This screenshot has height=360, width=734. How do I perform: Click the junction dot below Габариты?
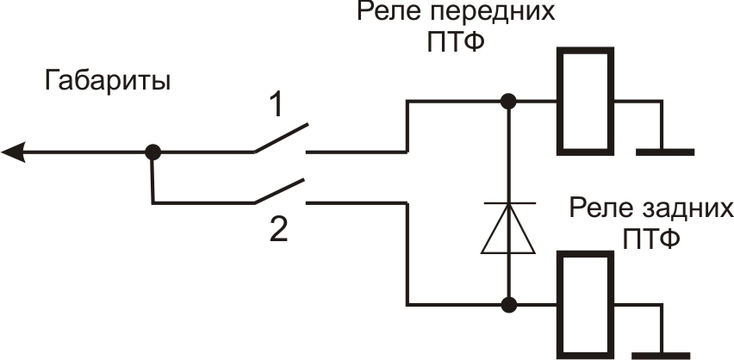coord(152,152)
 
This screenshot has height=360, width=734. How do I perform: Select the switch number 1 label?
coord(276,107)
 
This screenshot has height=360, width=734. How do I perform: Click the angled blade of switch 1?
coord(281,139)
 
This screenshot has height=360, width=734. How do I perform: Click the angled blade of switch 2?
coord(281,191)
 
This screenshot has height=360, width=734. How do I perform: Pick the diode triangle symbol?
coord(508,232)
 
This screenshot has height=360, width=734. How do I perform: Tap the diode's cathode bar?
coord(508,204)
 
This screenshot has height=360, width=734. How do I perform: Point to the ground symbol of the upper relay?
coord(664,152)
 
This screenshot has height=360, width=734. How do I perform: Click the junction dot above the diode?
coord(509,102)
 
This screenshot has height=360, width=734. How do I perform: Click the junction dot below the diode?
coord(509,304)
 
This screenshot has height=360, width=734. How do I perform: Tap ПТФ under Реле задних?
coord(651,236)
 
